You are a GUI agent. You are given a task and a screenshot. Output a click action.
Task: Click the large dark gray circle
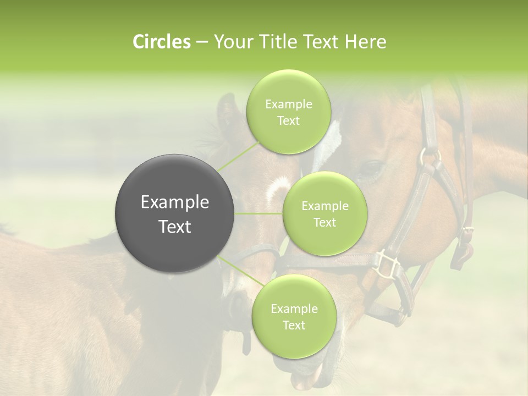pyautogui.click(x=174, y=213)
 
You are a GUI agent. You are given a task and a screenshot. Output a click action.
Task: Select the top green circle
pyautogui.click(x=288, y=112)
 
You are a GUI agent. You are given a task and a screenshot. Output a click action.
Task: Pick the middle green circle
pyautogui.click(x=324, y=213)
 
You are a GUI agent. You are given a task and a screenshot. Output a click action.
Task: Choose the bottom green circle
pyautogui.click(x=294, y=316)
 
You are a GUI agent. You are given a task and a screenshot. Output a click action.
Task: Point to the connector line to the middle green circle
pyautogui.click(x=258, y=213)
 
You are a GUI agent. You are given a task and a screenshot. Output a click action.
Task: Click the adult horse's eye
pyautogui.click(x=371, y=167)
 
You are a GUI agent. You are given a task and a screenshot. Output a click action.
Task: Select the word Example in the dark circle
pyautogui.click(x=174, y=202)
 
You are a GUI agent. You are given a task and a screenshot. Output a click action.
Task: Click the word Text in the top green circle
pyautogui.click(x=288, y=121)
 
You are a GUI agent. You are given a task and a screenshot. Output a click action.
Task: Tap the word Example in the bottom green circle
pyautogui.click(x=294, y=309)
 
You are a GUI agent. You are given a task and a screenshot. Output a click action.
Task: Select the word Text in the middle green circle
pyautogui.click(x=324, y=222)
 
